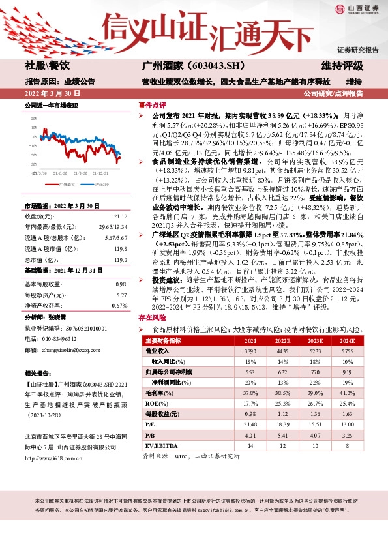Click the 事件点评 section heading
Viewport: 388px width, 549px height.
point(151,105)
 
